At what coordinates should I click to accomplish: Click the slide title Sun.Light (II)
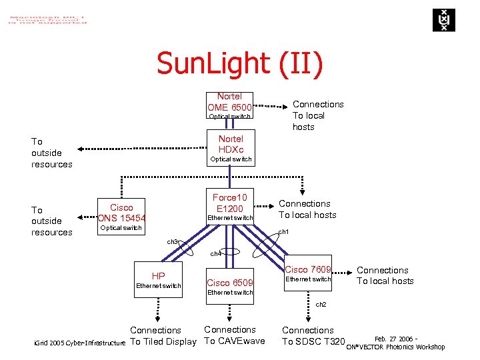point(239,64)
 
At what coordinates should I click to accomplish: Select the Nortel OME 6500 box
point(229,106)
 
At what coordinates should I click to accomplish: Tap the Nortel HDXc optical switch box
point(231,149)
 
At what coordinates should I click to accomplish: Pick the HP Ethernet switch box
point(159,279)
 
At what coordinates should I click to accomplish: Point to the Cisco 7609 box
point(308,274)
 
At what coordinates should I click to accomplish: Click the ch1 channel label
point(283,231)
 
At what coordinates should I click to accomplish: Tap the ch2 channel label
point(321,304)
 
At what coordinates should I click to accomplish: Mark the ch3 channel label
point(172,241)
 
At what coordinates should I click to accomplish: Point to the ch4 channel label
point(215,253)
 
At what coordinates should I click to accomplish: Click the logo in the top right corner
point(441,20)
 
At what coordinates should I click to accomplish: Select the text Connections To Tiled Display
point(163,336)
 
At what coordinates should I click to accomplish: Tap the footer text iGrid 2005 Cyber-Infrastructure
point(79,343)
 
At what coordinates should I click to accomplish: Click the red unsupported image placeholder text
point(47,17)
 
